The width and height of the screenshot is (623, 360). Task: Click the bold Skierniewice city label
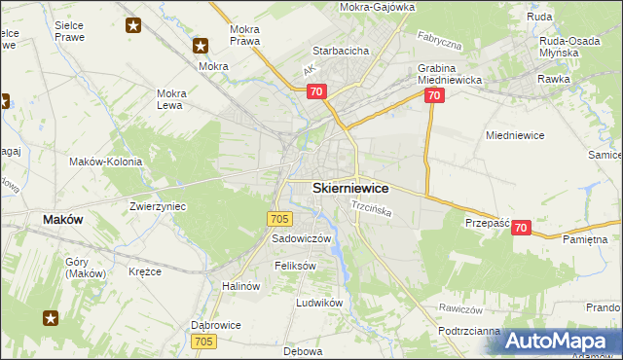point(350,188)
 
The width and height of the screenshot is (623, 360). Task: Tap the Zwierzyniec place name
point(158,207)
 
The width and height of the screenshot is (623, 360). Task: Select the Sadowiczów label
point(302,238)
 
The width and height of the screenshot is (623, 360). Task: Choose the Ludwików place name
point(320,303)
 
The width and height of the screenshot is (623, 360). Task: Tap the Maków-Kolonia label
point(106,162)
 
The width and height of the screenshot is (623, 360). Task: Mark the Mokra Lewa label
point(177,99)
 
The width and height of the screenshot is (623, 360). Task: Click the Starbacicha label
point(339,51)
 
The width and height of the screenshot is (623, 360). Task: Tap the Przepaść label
point(488,222)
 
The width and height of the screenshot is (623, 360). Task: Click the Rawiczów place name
point(461,308)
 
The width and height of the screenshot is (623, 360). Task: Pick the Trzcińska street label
point(371,209)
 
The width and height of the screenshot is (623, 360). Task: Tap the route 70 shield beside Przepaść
point(522,228)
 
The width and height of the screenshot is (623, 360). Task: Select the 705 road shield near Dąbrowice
point(203,341)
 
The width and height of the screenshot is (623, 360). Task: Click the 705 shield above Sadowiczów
point(277,220)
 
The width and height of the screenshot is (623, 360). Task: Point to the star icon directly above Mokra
point(201,45)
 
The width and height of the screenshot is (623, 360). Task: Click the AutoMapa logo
point(562,341)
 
